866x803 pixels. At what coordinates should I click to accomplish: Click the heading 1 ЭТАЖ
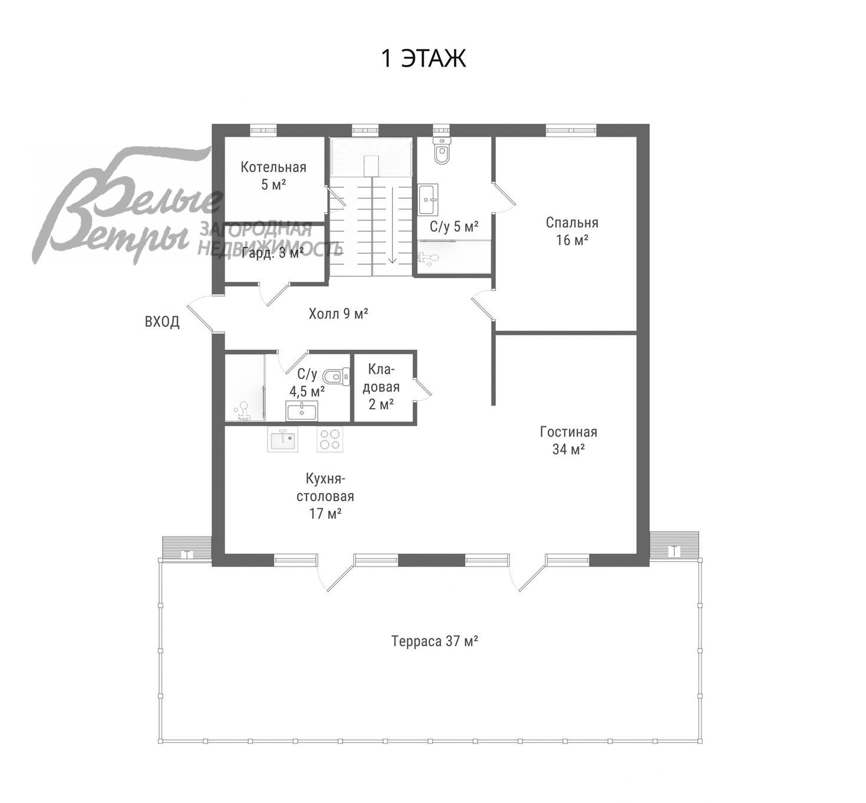(x=424, y=58)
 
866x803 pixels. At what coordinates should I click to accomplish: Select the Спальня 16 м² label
(x=572, y=231)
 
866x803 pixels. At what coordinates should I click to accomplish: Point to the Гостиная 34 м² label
(x=568, y=440)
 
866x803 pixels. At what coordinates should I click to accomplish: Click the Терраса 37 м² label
(x=434, y=641)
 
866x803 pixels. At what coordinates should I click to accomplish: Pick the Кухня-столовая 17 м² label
(x=325, y=496)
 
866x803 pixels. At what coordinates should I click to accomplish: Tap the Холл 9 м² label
(x=338, y=313)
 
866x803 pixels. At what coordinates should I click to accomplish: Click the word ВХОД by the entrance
(x=162, y=322)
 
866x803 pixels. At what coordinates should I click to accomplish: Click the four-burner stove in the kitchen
(x=330, y=439)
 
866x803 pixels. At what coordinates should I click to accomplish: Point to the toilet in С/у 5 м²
(x=441, y=150)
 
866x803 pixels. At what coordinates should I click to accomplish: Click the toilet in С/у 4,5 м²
(x=336, y=376)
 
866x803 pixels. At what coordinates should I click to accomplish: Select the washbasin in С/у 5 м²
(x=428, y=200)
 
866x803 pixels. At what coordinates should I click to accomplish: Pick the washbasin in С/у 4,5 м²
(x=302, y=412)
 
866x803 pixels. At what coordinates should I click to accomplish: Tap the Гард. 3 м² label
(x=272, y=253)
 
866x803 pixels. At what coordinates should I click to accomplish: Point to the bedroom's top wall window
(x=571, y=129)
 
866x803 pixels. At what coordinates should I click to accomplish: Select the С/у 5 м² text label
(x=454, y=226)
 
